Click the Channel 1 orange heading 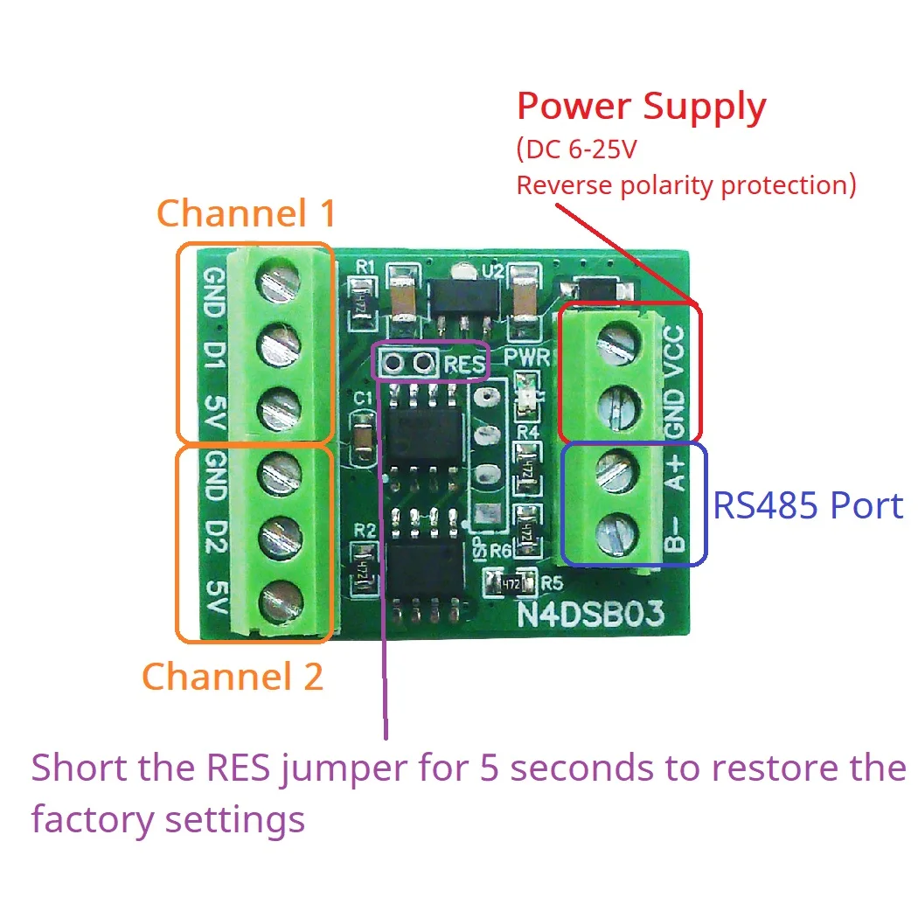tap(246, 212)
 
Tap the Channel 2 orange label tap(233, 677)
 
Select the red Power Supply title tap(641, 107)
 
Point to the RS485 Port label tap(808, 505)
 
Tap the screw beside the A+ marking tap(615, 474)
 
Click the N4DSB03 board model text tap(591, 613)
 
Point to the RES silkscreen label tap(463, 363)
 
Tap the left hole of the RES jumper tap(393, 362)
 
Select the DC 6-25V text tap(577, 150)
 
